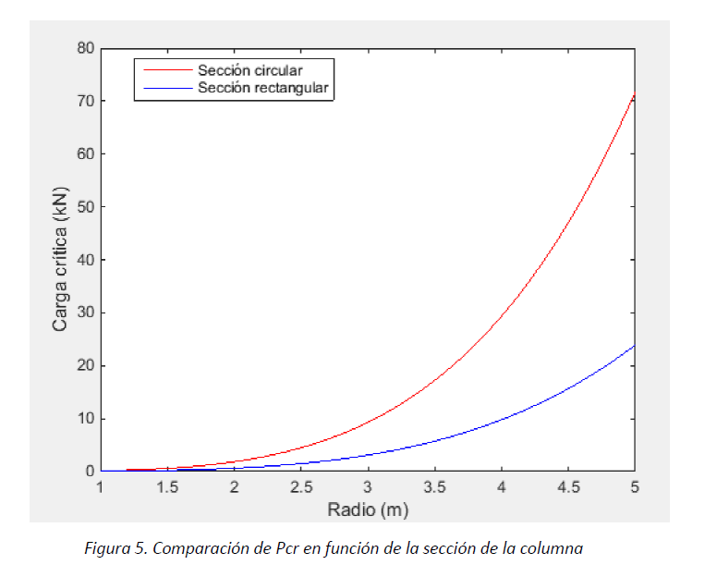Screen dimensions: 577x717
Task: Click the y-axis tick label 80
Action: tap(85, 47)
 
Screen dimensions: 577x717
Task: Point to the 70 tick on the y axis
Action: tap(85, 100)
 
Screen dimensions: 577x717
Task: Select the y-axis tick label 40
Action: tap(85, 259)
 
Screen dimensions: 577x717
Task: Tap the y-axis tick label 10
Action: tap(85, 418)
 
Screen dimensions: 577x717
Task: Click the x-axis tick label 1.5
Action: tap(167, 487)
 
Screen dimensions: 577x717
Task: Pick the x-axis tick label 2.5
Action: tap(301, 487)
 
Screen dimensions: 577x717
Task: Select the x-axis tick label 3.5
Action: tap(434, 487)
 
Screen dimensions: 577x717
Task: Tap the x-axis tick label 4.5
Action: tap(568, 487)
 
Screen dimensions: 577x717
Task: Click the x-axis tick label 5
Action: tap(635, 487)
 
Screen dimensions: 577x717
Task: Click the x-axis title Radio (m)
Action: tap(368, 509)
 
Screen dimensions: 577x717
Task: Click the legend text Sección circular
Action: tap(249, 69)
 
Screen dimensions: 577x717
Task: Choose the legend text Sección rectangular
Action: tap(263, 88)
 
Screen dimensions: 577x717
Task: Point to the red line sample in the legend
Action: tap(164, 70)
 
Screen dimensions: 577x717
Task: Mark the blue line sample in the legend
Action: tap(164, 89)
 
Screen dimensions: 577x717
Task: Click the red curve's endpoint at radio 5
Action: tap(635, 94)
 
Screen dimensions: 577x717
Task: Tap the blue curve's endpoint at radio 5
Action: tap(635, 345)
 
